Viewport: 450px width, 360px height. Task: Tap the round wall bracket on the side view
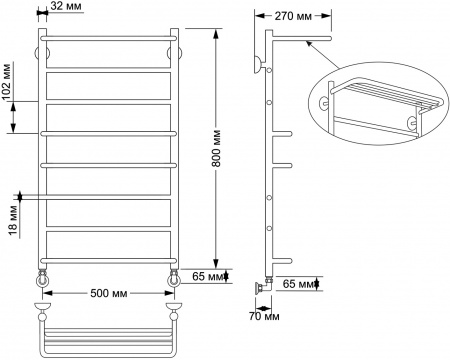coord(259,66)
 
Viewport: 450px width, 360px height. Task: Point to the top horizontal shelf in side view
coord(300,43)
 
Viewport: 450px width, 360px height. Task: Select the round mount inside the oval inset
coord(326,101)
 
